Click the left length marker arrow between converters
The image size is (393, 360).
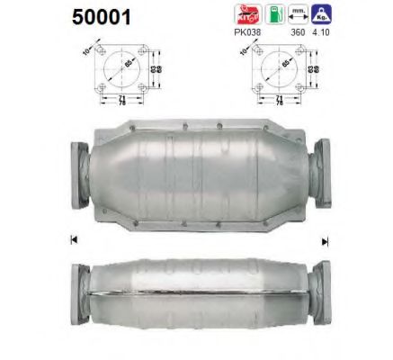(x=72, y=240)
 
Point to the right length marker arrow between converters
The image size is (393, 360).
(x=325, y=240)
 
